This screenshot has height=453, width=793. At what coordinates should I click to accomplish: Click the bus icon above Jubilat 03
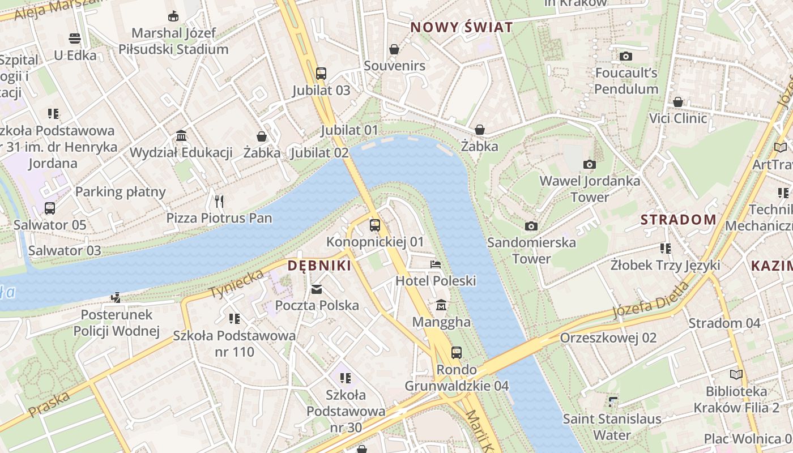[x=321, y=73]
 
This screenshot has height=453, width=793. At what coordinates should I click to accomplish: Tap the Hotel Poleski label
[x=436, y=281]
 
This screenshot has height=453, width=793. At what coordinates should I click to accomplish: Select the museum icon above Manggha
[x=441, y=306]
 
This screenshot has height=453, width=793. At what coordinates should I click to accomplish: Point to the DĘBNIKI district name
[x=319, y=266]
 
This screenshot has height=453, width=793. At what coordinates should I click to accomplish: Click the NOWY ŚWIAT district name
[x=462, y=27]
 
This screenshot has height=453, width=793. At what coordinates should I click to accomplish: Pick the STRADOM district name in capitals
[x=679, y=220]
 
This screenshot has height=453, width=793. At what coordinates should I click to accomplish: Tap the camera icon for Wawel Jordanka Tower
[x=590, y=164]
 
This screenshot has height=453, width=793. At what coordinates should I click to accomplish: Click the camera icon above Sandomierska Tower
[x=531, y=226]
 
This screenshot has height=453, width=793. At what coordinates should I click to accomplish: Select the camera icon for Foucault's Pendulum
[x=626, y=56]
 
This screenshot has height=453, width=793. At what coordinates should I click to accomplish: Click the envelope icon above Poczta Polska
[x=317, y=289]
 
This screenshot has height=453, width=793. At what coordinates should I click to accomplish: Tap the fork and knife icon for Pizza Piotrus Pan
[x=219, y=201]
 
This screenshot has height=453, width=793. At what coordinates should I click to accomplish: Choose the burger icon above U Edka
[x=75, y=39]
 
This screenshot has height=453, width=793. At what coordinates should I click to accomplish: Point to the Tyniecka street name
[x=237, y=284]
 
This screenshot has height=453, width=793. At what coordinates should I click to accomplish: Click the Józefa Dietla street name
[x=651, y=300]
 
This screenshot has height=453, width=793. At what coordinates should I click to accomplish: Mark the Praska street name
[x=49, y=404]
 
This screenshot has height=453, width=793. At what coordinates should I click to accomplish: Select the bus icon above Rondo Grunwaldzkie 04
[x=457, y=353]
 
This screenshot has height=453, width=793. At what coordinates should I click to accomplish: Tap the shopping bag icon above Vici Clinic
[x=678, y=102]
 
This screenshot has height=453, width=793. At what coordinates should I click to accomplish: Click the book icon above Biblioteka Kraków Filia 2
[x=736, y=374]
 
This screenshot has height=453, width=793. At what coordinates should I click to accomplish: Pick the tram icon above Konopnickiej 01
[x=375, y=225]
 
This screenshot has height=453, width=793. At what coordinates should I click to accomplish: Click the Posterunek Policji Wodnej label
[x=117, y=323]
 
